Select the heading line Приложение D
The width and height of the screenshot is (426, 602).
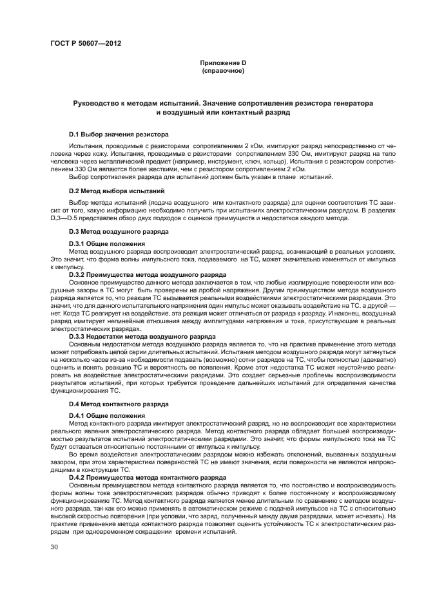pos(222,63)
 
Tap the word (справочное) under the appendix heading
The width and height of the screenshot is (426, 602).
pos(222,70)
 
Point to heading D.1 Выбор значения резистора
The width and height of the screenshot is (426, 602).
pos(119,135)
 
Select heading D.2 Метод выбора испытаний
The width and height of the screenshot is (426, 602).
pos(117,191)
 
